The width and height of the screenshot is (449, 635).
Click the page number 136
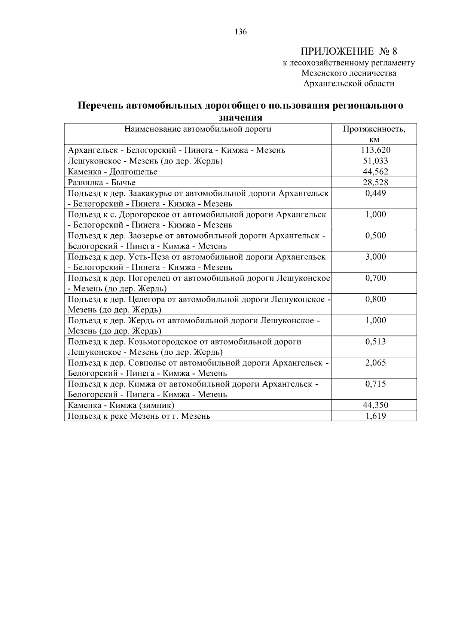point(241,32)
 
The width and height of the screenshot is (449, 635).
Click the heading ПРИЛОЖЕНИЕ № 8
point(348,51)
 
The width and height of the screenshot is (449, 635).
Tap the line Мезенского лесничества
point(349,73)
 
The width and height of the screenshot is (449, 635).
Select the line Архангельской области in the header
point(349,83)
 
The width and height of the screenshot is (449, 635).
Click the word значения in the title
point(240,117)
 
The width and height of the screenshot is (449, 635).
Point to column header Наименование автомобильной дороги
point(198,129)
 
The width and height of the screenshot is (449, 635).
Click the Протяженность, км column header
point(374,134)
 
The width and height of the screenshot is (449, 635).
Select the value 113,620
point(375,150)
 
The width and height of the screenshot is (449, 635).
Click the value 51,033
point(375,161)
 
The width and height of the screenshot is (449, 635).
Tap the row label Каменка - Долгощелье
point(113,172)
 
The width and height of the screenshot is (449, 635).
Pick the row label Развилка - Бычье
point(101,183)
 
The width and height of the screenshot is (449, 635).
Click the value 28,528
point(375,183)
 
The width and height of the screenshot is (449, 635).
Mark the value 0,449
point(375,193)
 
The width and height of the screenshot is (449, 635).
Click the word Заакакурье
point(148,193)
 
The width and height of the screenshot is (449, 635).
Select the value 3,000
point(375,257)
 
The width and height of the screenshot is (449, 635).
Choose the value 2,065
point(375,363)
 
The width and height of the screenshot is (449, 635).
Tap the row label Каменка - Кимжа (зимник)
point(121,405)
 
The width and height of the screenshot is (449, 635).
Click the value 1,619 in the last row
point(375,416)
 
